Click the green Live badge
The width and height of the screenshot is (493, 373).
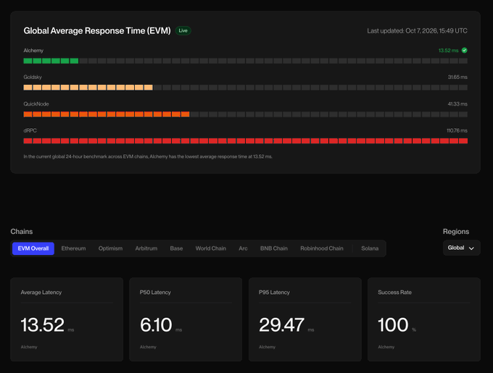coord(183,30)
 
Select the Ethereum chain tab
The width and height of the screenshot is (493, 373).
coord(73,248)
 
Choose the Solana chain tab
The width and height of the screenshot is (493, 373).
coord(370,248)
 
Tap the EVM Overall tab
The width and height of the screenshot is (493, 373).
coord(33,248)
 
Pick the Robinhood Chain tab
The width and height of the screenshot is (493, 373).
coord(322,248)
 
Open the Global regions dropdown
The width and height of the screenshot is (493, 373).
coord(462,248)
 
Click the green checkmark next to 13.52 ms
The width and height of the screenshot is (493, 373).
coord(465,50)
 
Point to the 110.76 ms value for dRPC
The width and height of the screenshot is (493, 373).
coord(457,130)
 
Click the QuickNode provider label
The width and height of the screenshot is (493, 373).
coord(36,104)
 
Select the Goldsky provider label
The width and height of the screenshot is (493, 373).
coord(33,77)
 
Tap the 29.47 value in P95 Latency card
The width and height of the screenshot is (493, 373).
coord(282,324)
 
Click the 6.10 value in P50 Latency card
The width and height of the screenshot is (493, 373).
coord(156,324)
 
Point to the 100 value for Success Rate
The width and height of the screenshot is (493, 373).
coord(393,324)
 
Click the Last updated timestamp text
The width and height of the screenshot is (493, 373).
coord(417,30)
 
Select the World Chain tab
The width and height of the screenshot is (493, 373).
coord(211,248)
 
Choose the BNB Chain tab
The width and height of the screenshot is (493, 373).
coord(274,248)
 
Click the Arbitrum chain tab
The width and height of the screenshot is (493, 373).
coord(146,248)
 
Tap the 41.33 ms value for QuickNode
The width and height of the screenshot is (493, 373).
coord(457,104)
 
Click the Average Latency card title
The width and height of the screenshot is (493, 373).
coord(41,293)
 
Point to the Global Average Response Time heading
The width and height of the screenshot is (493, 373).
coord(97,30)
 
